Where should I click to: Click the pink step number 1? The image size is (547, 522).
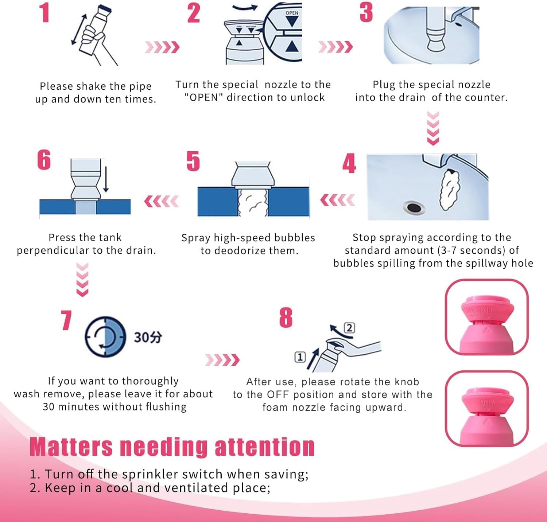(x=44, y=13)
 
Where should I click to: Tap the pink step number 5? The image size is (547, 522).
(x=193, y=161)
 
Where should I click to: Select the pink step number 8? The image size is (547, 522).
(x=286, y=318)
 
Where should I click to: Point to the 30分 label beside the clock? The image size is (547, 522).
(x=148, y=337)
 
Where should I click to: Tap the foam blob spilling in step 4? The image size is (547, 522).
(x=450, y=190)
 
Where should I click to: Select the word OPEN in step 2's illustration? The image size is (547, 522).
(x=292, y=13)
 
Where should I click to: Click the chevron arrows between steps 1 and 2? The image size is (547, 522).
(x=162, y=47)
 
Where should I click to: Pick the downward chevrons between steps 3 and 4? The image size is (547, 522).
(x=433, y=128)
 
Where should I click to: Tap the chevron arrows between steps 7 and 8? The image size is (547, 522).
(x=222, y=360)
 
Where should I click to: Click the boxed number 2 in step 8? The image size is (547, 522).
(x=349, y=328)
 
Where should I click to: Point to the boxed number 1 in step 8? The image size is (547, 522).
(x=300, y=357)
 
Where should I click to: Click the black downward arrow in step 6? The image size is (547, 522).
(x=106, y=178)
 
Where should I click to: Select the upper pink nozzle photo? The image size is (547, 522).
(x=486, y=317)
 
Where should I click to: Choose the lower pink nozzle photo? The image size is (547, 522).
(x=486, y=408)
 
